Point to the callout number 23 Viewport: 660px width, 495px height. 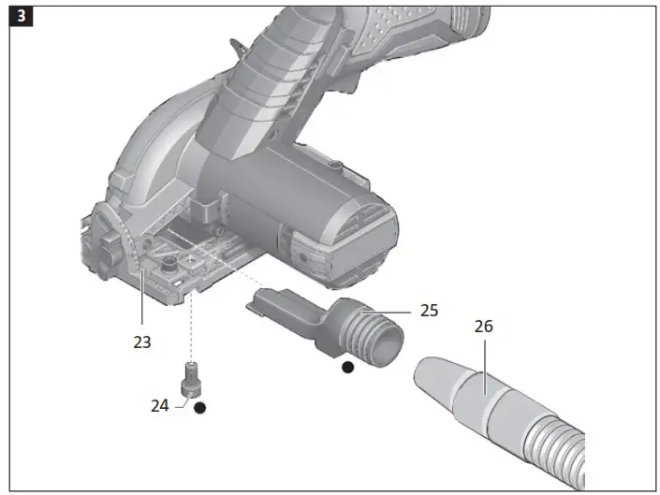pos(141,342)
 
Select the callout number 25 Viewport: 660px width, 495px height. pos(429,310)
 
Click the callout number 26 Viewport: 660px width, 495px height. pos(483,327)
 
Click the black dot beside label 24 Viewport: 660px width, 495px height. pos(199,409)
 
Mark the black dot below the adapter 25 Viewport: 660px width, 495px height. pos(347,368)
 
